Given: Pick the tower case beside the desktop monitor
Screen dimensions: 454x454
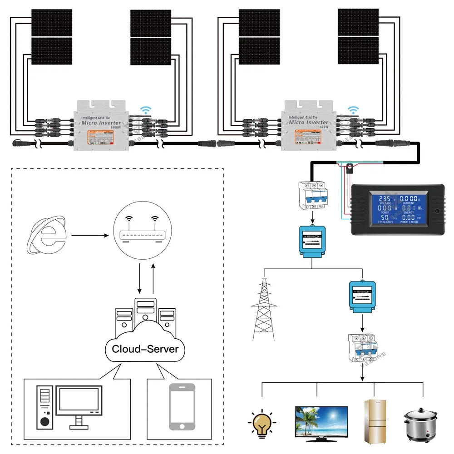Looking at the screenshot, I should pyautogui.click(x=44, y=407).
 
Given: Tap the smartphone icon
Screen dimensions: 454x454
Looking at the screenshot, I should pyautogui.click(x=182, y=407).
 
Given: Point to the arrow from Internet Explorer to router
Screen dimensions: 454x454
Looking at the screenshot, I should pyautogui.click(x=89, y=236).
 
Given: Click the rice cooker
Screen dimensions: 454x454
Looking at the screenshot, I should pyautogui.click(x=420, y=424).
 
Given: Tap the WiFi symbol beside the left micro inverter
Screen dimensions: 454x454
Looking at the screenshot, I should pyautogui.click(x=146, y=110).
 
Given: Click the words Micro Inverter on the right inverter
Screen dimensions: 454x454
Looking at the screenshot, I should pyautogui.click(x=309, y=122).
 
